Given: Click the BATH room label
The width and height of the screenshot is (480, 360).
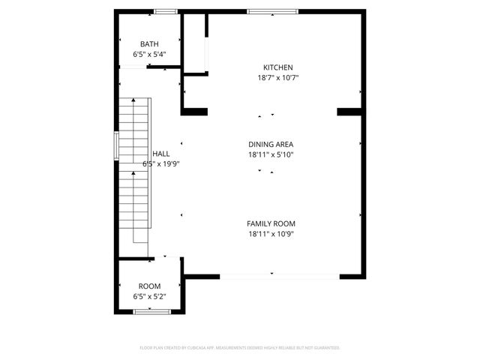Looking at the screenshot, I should click(x=149, y=44).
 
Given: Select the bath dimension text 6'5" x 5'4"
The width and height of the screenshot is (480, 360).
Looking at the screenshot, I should click(x=149, y=54).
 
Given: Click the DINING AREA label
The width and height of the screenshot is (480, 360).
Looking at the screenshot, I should click(x=271, y=145).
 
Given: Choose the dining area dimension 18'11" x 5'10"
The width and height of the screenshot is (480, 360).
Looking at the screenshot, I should click(x=271, y=155).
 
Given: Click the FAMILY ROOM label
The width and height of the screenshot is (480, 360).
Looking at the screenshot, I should click(x=271, y=223).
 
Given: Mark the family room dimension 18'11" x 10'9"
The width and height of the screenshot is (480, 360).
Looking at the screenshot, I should click(x=271, y=234).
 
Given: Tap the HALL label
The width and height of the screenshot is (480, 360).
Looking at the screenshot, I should click(x=160, y=153).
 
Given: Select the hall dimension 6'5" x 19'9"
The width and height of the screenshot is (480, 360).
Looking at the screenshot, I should click(x=161, y=163).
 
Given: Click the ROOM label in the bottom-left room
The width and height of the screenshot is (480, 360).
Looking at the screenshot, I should click(x=149, y=286).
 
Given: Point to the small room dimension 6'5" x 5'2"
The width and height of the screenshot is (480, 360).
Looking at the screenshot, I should click(x=149, y=297).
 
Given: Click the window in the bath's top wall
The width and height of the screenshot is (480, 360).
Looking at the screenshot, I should click(x=166, y=11).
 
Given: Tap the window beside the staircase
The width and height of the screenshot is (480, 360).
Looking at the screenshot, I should click(x=115, y=145).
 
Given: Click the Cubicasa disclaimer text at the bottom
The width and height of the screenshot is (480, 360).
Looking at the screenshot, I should click(x=240, y=348).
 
